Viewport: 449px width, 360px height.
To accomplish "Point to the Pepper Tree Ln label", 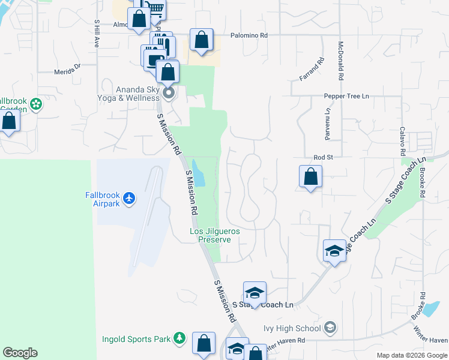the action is pos(346,95).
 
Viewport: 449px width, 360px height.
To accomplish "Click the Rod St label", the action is pos(322,157).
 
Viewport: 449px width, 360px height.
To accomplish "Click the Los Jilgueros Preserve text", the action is pos(210,235).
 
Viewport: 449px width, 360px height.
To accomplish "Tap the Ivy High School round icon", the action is pos(330,328).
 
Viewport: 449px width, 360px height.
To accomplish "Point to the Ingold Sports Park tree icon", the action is pos(178,339).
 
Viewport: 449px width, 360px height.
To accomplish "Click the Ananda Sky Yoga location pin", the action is pos(169,92).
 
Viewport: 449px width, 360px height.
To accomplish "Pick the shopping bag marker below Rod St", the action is pos(310,176).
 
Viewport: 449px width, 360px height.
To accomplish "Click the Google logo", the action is pos(20,353).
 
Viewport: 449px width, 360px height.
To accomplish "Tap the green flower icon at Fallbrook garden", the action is pos(36,104).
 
